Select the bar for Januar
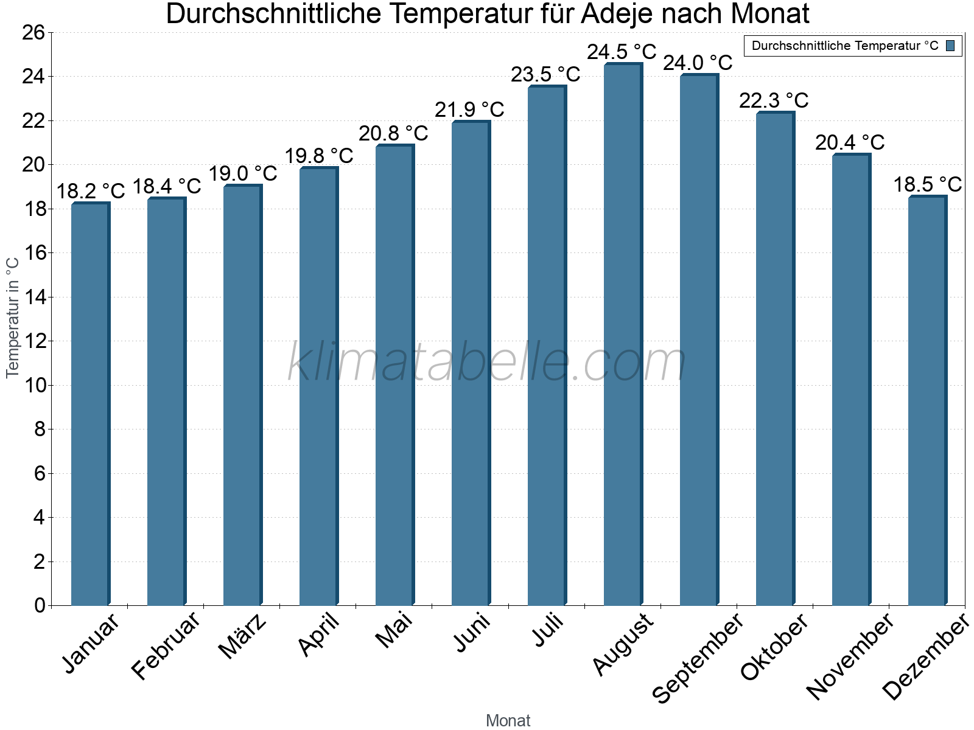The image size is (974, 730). coord(90,405)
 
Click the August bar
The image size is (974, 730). coord(623,335)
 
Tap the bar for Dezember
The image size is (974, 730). coord(927,401)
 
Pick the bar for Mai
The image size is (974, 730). coord(394,375)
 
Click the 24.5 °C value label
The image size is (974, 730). coord(622,52)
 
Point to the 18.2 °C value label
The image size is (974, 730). coord(90,191)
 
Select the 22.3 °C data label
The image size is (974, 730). coord(774,100)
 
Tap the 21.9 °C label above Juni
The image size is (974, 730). coord(469,109)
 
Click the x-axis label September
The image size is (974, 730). coord(698,657)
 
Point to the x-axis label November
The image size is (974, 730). coord(850,656)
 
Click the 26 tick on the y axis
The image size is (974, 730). coord(34,32)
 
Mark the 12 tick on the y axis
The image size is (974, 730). coord(34,341)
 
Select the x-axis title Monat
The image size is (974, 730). coord(508,720)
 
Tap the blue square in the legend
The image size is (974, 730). coord(950,46)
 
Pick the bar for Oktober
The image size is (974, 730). coord(775,359)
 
